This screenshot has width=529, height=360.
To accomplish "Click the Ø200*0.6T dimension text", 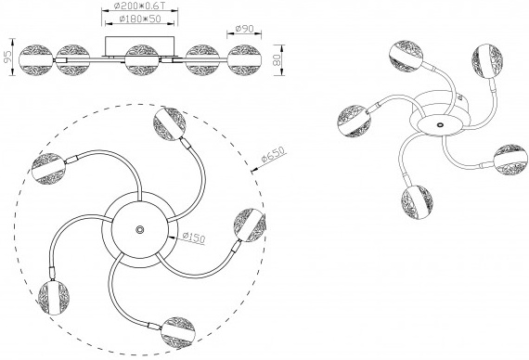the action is tap(140, 6).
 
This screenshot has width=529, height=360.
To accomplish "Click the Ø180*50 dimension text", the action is tap(140, 19).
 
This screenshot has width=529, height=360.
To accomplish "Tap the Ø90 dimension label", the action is tap(244, 29).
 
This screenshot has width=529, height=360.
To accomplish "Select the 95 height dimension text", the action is tap(7, 56).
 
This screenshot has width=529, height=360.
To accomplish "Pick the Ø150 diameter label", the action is tap(194, 237).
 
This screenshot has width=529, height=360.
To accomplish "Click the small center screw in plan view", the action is tap(139, 229).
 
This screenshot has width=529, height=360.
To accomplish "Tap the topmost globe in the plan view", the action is tap(169, 123).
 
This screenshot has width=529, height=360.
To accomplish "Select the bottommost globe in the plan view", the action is tap(178, 332).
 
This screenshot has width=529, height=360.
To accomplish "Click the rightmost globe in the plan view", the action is tap(250, 225).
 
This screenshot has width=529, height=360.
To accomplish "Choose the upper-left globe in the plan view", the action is tap(48, 169).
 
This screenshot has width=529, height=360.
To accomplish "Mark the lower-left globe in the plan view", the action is tap(54, 298).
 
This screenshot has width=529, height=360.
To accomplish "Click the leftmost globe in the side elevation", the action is tap(36, 60).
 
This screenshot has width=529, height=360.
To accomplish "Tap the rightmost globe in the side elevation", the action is tap(244, 60).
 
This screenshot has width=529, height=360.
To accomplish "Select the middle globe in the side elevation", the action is tap(141, 60).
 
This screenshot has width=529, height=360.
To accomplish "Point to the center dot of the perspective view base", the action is tap(440, 125).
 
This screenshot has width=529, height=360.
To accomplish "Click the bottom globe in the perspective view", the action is tap(417, 201).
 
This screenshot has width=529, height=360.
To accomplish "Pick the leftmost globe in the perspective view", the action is tap(354, 121).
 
